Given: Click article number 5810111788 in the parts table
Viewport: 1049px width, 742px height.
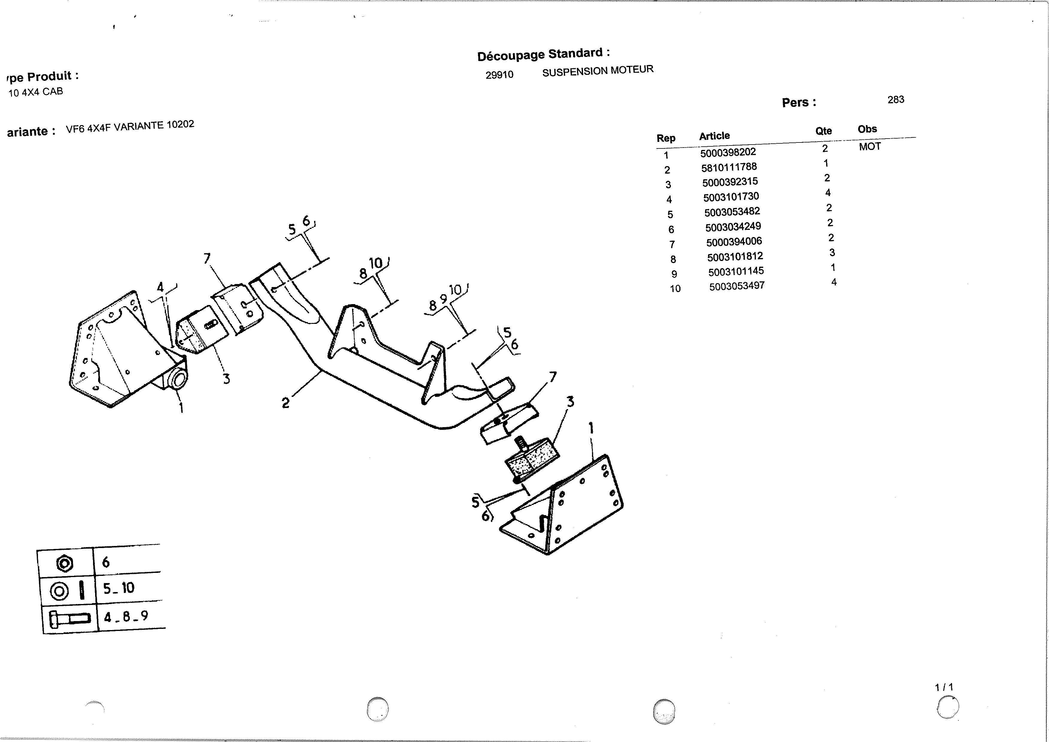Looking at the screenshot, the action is (729, 167).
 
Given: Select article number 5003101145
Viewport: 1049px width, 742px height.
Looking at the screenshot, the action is (736, 271).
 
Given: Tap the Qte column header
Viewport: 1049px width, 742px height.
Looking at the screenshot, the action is (824, 131).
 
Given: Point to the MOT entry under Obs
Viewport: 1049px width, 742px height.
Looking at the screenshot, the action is (870, 147).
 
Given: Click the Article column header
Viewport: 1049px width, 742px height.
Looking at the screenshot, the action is (715, 136).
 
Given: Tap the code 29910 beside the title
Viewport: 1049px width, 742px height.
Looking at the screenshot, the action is (499, 75).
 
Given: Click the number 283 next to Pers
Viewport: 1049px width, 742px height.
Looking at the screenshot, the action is (896, 100).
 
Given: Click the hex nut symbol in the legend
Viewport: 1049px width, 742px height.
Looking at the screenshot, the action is (64, 563).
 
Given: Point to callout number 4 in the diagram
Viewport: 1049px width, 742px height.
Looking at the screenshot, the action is (160, 287).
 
